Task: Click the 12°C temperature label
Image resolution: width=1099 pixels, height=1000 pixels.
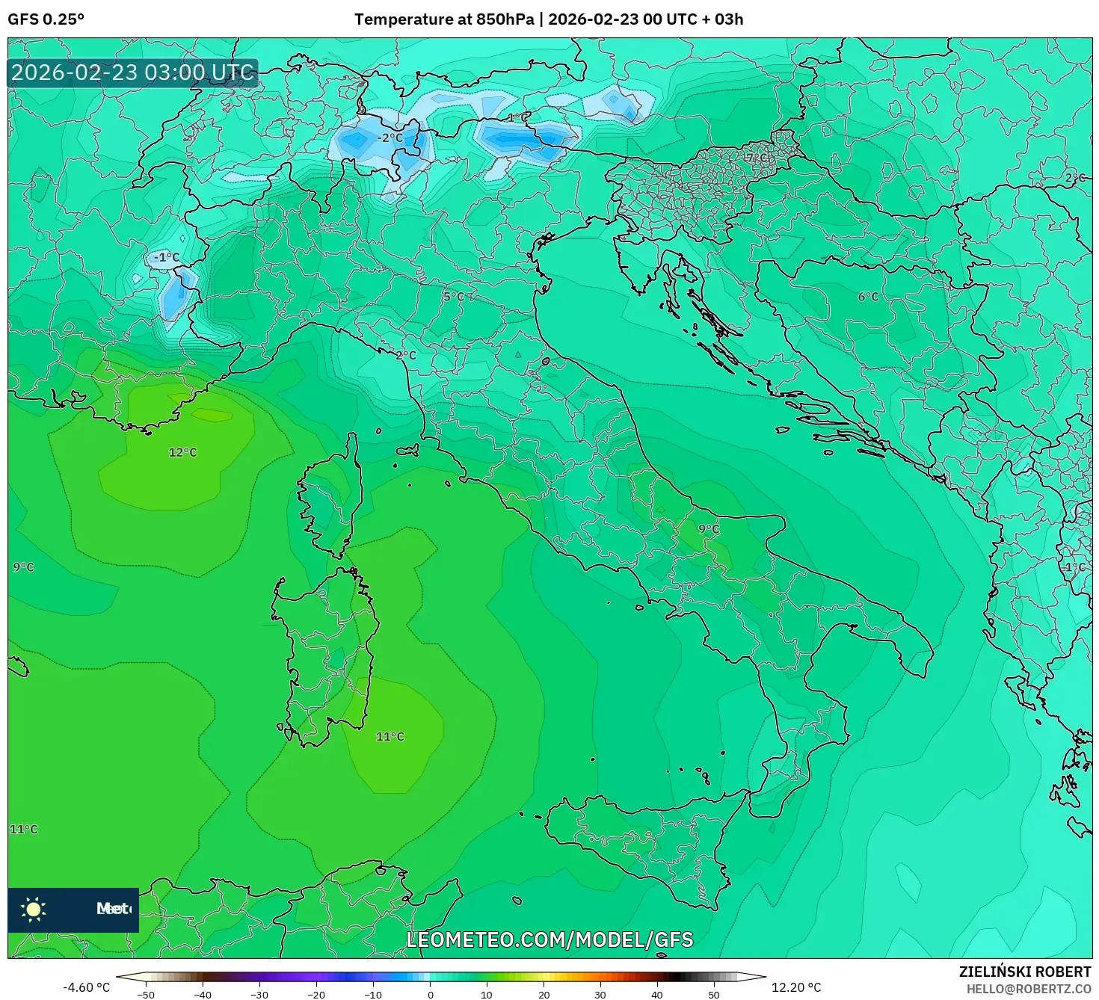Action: coord(182,452)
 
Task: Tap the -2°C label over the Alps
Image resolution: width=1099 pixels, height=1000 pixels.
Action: coord(389,138)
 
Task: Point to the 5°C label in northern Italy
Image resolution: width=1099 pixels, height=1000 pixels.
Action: coord(453,297)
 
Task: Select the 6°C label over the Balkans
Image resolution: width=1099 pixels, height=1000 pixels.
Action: coord(868,297)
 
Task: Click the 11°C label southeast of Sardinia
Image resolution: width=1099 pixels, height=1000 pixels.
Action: coord(390,736)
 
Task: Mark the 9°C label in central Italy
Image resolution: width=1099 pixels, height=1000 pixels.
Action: coord(708,528)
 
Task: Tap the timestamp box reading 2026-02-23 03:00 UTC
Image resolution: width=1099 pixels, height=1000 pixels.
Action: coord(132,72)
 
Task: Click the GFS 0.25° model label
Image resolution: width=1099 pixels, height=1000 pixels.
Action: coord(46,19)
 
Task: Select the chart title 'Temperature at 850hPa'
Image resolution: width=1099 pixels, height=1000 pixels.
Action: coord(444,19)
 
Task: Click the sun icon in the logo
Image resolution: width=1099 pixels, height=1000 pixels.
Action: coord(34,909)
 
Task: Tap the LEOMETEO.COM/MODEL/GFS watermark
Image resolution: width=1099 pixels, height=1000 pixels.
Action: coord(549,939)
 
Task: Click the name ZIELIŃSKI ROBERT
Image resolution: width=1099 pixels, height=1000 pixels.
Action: coord(1025,972)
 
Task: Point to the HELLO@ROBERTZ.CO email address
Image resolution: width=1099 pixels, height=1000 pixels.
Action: coord(1028,989)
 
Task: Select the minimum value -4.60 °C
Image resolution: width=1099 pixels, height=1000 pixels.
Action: coord(86,987)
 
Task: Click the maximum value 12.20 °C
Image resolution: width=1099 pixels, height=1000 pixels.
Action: coord(796,987)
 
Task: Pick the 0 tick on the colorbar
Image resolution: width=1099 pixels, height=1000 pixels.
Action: coord(430,995)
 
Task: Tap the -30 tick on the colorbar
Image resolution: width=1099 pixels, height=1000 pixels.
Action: coord(259,995)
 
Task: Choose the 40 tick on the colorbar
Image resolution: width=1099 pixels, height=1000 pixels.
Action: coord(657,995)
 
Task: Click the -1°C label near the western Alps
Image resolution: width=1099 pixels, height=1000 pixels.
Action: coord(166,257)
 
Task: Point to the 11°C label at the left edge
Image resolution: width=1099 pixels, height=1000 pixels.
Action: coord(23,829)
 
